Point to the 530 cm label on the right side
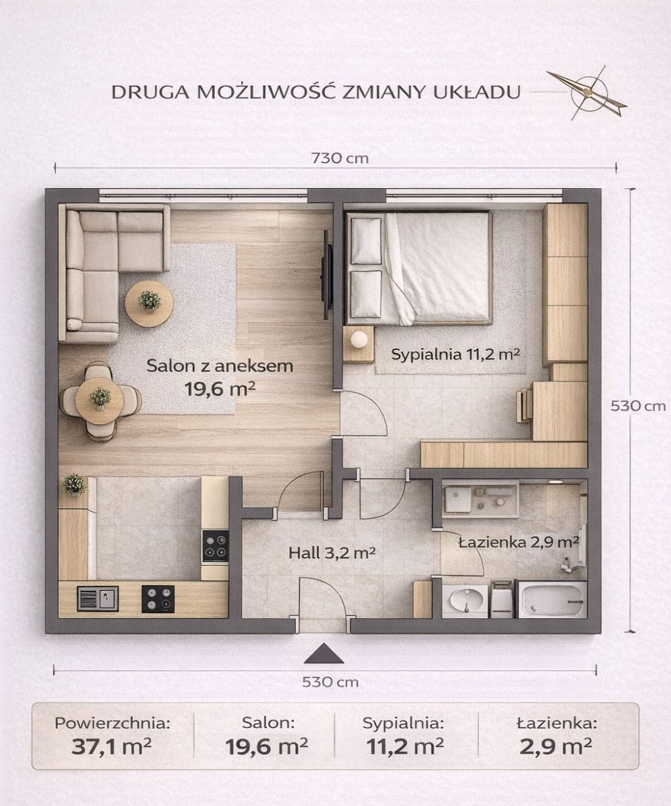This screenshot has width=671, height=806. pyautogui.click(x=637, y=406)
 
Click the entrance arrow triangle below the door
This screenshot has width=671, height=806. pyautogui.click(x=323, y=654)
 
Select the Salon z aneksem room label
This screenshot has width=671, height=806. pyautogui.click(x=220, y=366)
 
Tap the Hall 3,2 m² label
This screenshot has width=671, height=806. pyautogui.click(x=331, y=553)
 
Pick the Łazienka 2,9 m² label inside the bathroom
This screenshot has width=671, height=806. pyautogui.click(x=519, y=541)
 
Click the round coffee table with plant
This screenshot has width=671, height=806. pyautogui.click(x=149, y=303)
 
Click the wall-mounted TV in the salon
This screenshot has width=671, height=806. pyautogui.click(x=327, y=275)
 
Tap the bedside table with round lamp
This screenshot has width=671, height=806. pyautogui.click(x=359, y=343)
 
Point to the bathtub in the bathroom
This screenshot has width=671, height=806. pyautogui.click(x=551, y=598)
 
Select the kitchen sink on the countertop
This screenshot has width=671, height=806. pyautogui.click(x=97, y=598)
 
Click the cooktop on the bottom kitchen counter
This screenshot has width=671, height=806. pyautogui.click(x=158, y=598)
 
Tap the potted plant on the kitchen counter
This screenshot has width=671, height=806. pyautogui.click(x=74, y=484)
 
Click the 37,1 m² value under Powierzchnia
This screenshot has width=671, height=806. pyautogui.click(x=111, y=746)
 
